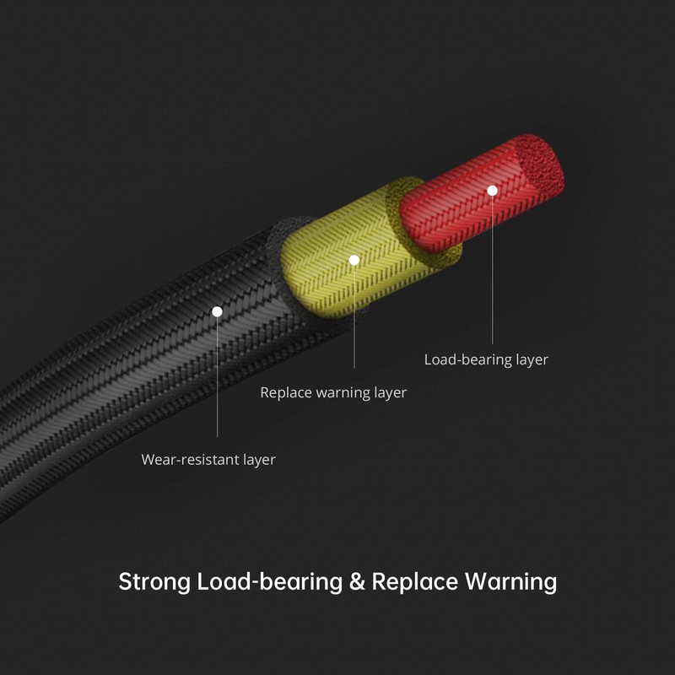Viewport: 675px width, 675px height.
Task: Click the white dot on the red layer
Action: click(x=492, y=191)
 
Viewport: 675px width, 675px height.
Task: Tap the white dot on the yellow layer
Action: click(x=354, y=260)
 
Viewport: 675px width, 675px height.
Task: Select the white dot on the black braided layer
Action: click(x=217, y=311)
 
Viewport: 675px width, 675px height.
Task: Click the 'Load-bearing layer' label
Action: click(x=486, y=360)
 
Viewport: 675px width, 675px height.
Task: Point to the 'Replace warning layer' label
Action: click(x=333, y=392)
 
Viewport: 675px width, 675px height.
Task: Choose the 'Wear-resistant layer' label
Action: click(x=208, y=460)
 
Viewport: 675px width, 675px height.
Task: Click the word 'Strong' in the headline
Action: click(x=154, y=582)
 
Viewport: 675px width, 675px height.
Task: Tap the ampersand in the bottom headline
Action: click(x=357, y=581)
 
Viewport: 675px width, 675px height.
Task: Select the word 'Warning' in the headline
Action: click(x=511, y=582)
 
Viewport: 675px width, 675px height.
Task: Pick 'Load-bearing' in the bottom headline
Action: click(x=270, y=582)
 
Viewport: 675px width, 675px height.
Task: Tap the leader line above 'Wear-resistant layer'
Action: click(x=217, y=377)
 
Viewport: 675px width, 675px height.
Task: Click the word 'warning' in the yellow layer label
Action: click(x=343, y=393)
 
